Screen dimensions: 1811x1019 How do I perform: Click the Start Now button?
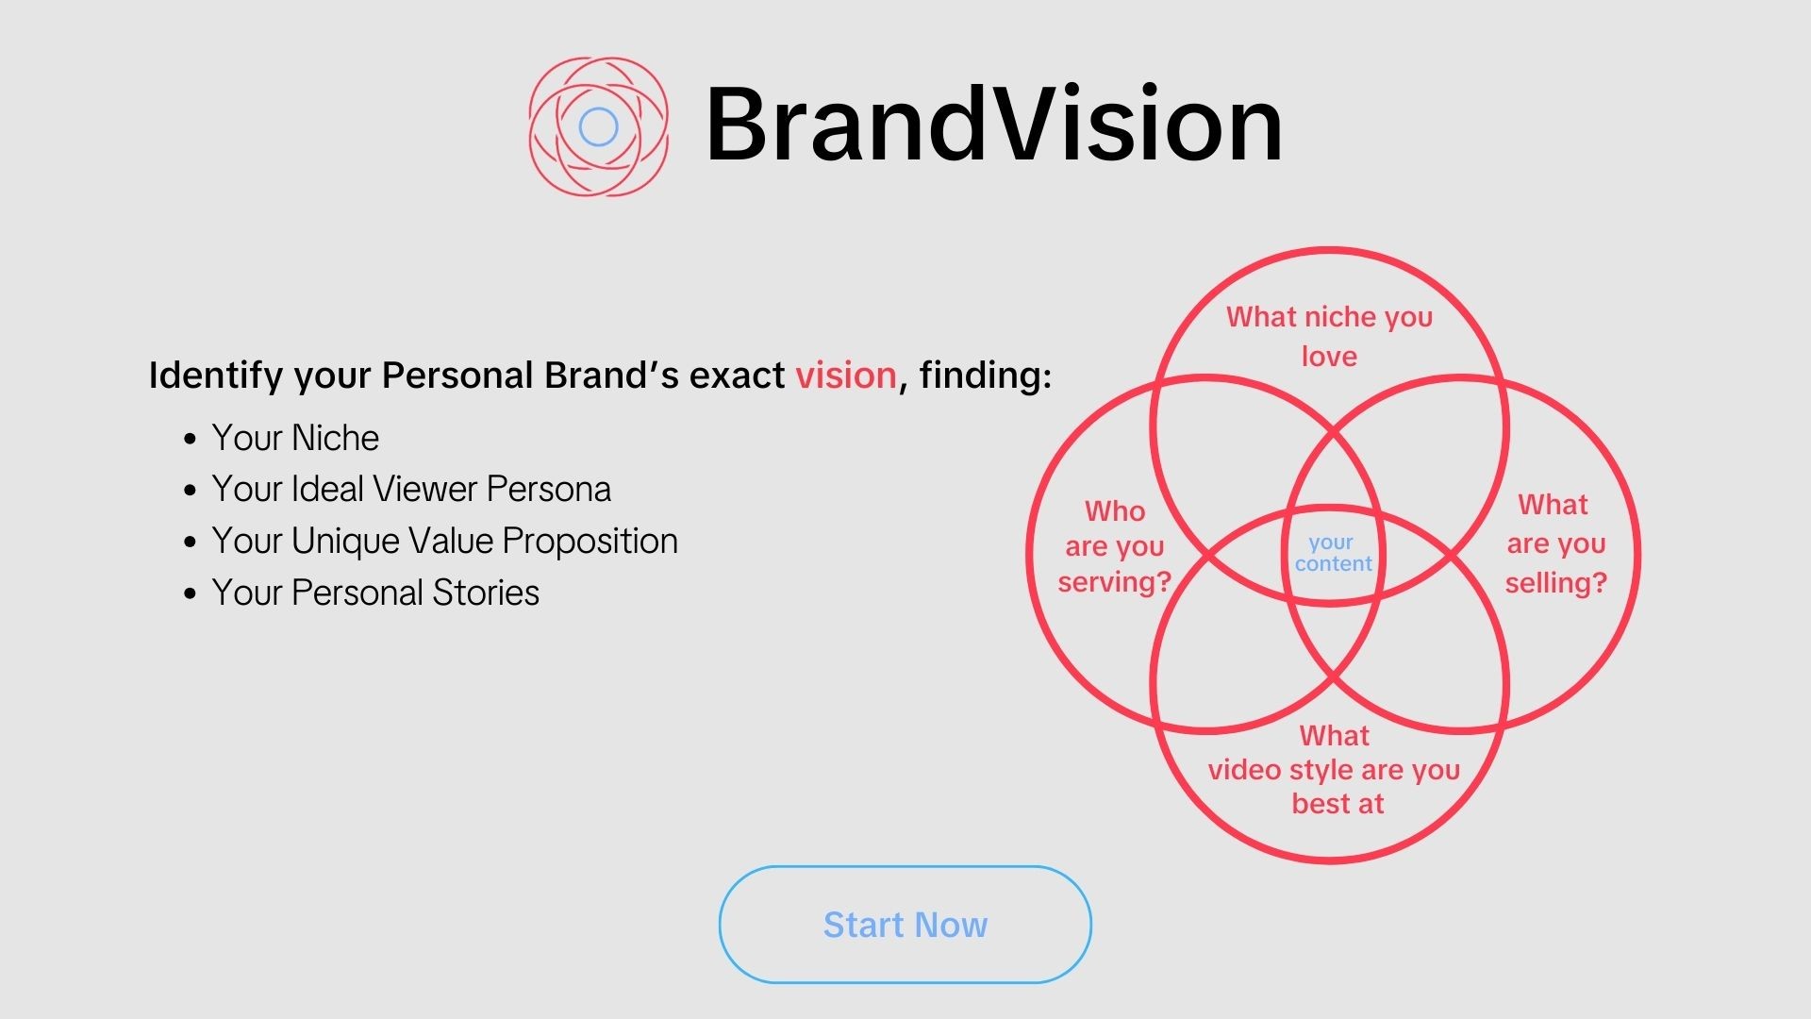[x=905, y=925]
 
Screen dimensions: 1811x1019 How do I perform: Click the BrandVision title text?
[x=994, y=125]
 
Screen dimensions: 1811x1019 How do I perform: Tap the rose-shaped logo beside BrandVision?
[x=598, y=126]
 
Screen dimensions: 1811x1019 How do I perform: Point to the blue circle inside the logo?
[x=598, y=126]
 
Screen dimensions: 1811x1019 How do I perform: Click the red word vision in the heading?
[x=846, y=376]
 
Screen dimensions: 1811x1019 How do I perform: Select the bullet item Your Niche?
[x=295, y=438]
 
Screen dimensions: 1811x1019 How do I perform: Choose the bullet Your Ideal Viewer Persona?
[x=411, y=489]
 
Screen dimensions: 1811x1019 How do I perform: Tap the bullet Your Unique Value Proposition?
[x=444, y=541]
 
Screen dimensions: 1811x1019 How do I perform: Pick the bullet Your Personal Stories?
[x=375, y=593]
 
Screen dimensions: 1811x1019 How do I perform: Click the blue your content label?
[x=1333, y=553]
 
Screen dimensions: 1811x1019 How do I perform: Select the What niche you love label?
[x=1329, y=336]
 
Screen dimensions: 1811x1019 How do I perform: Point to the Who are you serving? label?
[x=1114, y=546]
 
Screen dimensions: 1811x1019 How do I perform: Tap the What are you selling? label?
[x=1555, y=543]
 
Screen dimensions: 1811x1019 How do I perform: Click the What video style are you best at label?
[x=1335, y=770]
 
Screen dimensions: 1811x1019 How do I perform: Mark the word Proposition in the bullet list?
[x=590, y=542]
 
